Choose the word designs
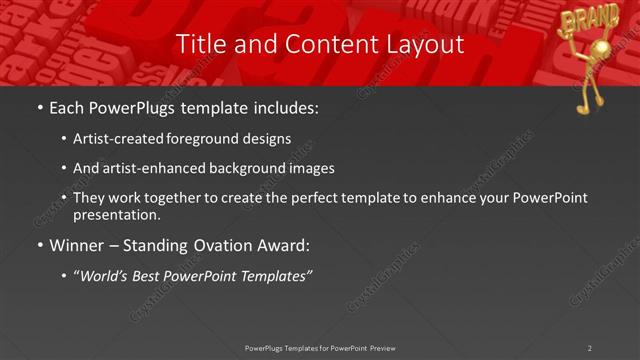pyautogui.click(x=266, y=138)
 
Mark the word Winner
pyautogui.click(x=78, y=245)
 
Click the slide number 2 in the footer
pyautogui.click(x=590, y=348)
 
